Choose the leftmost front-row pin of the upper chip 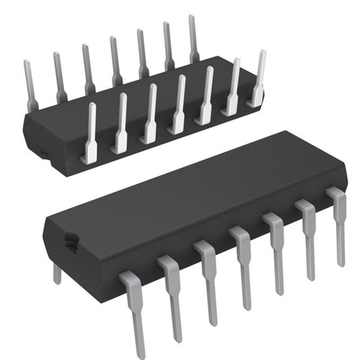pyautogui.click(x=90, y=130)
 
